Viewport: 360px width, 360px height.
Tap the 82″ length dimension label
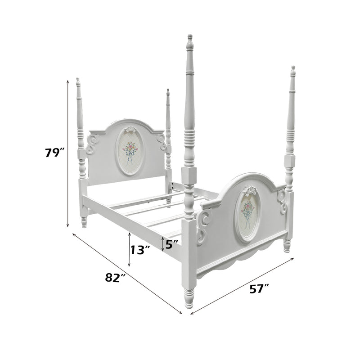click(115, 278)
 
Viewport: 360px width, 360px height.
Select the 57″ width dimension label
click(260, 289)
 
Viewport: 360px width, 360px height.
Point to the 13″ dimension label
click(140, 250)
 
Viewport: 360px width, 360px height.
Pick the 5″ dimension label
click(172, 244)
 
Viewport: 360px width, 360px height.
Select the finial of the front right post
click(293, 71)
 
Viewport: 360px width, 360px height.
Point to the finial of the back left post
click(78, 82)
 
